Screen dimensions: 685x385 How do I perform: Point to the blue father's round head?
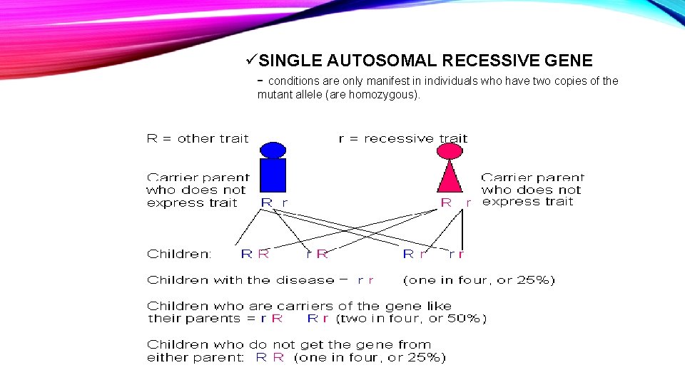tap(273, 150)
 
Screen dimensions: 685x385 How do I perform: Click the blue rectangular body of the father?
tap(273, 175)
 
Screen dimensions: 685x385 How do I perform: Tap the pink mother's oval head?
tap(450, 150)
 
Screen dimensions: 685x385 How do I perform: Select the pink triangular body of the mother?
tap(450, 177)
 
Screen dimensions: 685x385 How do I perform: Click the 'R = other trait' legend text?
tap(198, 139)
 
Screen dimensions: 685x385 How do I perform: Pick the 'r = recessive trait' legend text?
tap(402, 139)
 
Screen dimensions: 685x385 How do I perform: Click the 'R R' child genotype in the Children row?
tap(255, 254)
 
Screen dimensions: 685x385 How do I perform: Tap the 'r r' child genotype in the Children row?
tap(457, 254)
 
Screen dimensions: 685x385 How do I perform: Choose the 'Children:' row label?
tap(178, 254)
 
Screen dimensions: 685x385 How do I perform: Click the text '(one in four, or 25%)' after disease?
tap(479, 280)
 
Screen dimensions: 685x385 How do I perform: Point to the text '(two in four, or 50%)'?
tap(411, 319)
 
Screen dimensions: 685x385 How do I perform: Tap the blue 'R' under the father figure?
tap(266, 202)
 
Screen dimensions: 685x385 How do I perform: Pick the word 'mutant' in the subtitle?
tap(275, 95)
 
